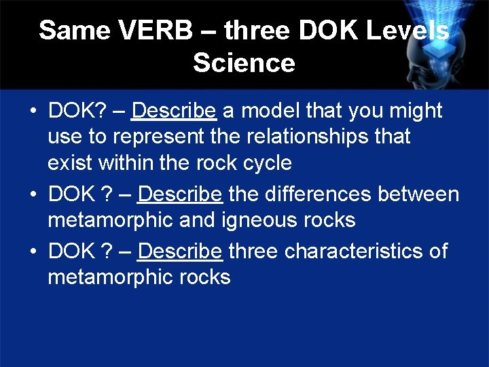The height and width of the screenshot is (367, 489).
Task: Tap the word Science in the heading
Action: tap(244, 63)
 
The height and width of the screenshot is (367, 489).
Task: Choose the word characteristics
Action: tap(357, 251)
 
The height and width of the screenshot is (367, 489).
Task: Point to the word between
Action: tap(418, 194)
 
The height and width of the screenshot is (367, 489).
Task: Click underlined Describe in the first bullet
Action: tap(174, 110)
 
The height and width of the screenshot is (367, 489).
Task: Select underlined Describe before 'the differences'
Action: tap(180, 194)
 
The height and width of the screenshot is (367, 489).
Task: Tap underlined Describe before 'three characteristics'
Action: tap(180, 251)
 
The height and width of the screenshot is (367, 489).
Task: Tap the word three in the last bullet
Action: tap(253, 251)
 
